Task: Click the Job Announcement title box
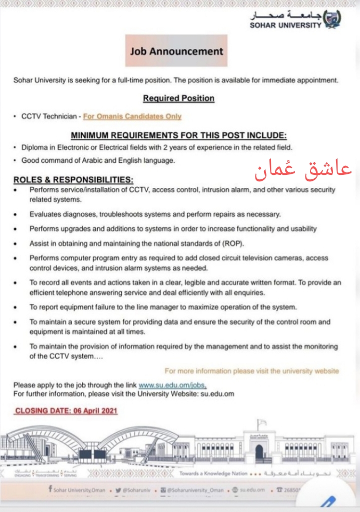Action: click(176, 50)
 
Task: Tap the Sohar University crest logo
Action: click(333, 19)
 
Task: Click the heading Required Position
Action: click(178, 98)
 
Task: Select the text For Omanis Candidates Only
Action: click(132, 116)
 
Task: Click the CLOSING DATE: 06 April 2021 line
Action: click(66, 411)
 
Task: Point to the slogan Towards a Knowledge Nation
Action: click(213, 473)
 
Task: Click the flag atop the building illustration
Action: click(259, 424)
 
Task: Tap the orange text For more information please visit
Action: click(251, 371)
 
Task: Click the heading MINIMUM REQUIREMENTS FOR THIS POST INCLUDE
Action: click(178, 135)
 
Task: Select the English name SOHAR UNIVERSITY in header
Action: click(285, 25)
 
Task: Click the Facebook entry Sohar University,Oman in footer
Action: click(79, 490)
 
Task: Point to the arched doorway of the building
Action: click(259, 453)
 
